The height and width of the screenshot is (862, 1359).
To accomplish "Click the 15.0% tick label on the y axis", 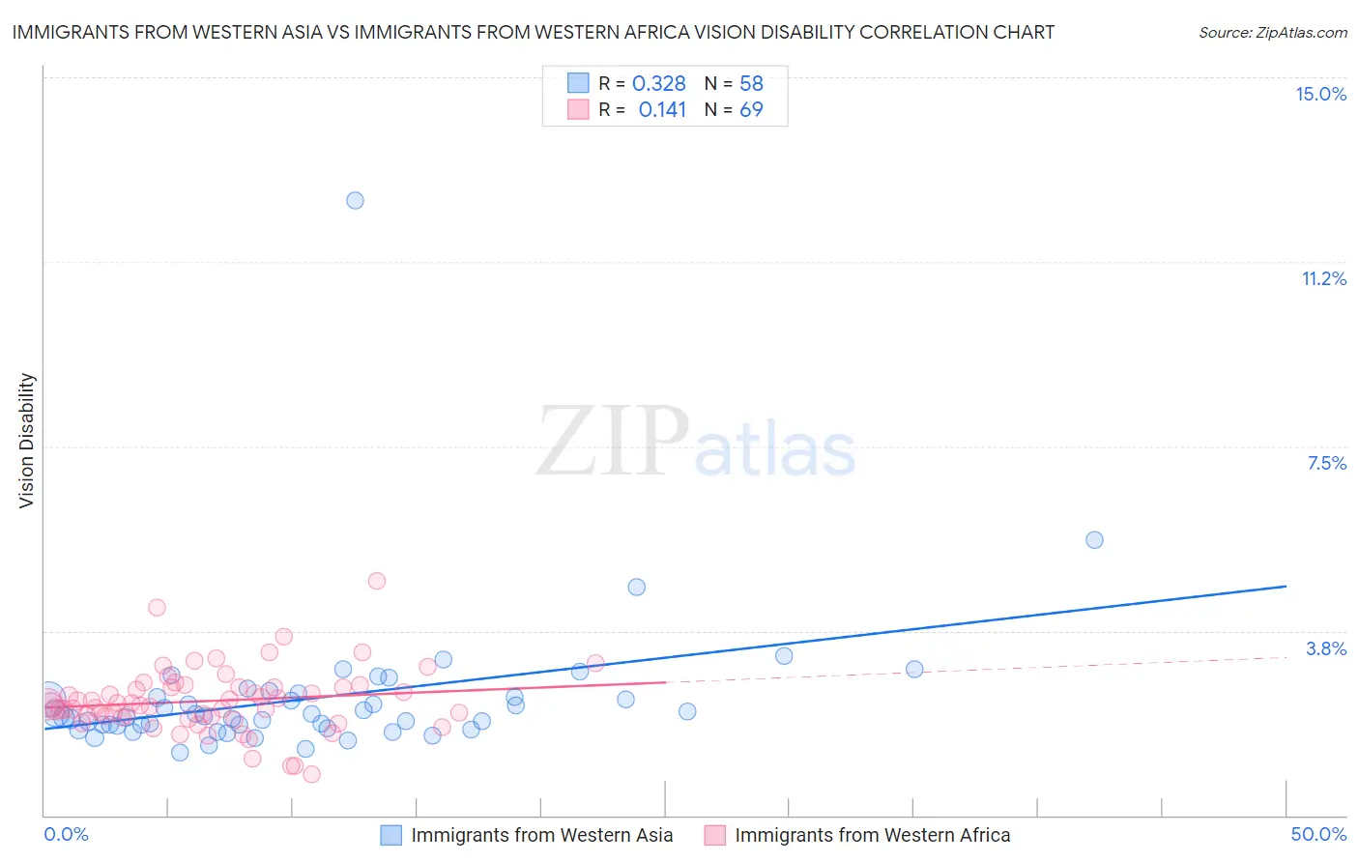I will [1320, 94].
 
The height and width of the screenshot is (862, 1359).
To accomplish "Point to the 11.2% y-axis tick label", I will [1323, 278].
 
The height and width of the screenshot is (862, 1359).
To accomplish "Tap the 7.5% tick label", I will [1326, 463].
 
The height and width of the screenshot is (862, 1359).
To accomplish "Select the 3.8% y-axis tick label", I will [1326, 648].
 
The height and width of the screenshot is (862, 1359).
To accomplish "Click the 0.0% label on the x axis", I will [67, 834].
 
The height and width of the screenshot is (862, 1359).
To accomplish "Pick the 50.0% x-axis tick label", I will [1318, 834].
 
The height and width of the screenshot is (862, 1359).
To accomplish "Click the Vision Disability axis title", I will [27, 441].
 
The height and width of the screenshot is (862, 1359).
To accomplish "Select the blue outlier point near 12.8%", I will [355, 200].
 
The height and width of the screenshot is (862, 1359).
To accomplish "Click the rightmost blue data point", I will [1094, 539].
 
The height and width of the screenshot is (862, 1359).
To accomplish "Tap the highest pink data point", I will [377, 581].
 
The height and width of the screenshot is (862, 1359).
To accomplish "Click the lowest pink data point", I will [311, 774].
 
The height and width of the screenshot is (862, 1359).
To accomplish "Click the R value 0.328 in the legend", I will [658, 84].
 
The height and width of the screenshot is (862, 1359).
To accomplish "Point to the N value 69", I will [751, 110].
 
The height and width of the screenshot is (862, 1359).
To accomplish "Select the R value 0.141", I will [662, 110].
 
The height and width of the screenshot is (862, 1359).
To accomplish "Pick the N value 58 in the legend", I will [751, 84].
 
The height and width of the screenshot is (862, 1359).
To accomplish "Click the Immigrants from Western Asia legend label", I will [541, 835].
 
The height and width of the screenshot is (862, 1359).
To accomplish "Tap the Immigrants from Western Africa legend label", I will [872, 835].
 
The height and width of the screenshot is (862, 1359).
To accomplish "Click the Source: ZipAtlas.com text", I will [1272, 33].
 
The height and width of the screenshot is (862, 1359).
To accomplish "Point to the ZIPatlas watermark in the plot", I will [696, 443].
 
